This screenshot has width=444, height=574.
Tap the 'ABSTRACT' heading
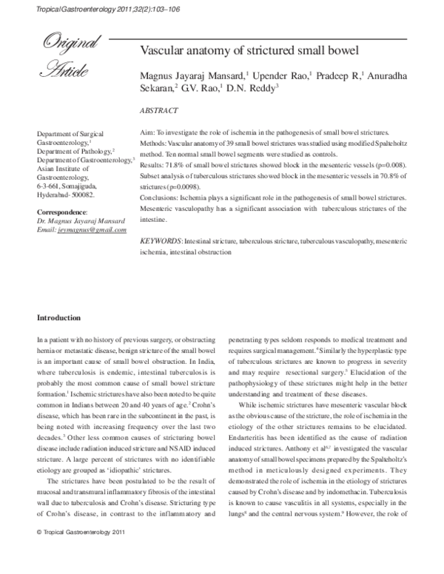click(158, 110)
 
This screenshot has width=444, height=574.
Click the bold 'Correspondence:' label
click(62, 212)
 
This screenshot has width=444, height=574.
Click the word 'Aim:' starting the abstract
click(147, 130)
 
